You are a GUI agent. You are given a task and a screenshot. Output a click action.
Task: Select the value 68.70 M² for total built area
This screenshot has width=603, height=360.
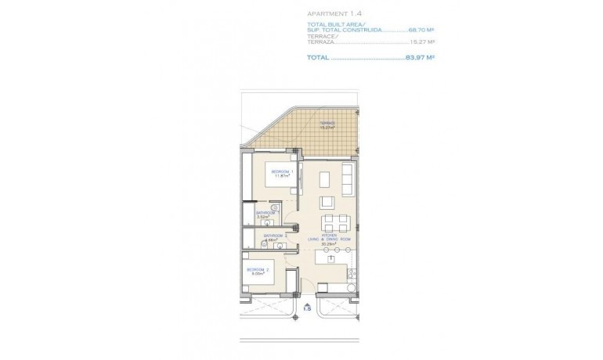pyautogui.click(x=421, y=29)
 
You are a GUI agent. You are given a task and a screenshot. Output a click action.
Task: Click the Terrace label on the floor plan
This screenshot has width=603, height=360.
pyautogui.click(x=327, y=124)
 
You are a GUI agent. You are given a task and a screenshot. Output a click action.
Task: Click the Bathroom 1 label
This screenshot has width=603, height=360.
pyautogui.click(x=267, y=213)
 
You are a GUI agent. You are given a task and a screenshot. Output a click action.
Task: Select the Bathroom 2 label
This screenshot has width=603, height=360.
pyautogui.click(x=275, y=235)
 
